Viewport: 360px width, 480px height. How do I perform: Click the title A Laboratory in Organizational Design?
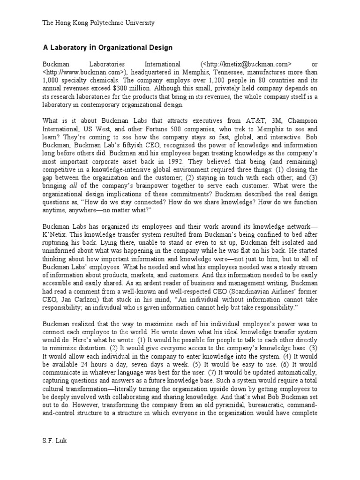coord(107,47)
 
